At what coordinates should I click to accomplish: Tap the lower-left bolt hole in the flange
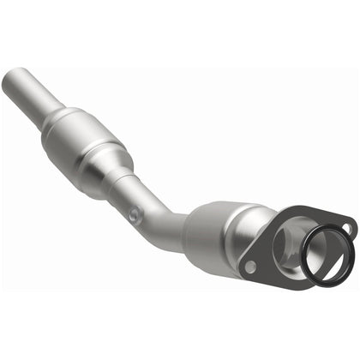(249, 267)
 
